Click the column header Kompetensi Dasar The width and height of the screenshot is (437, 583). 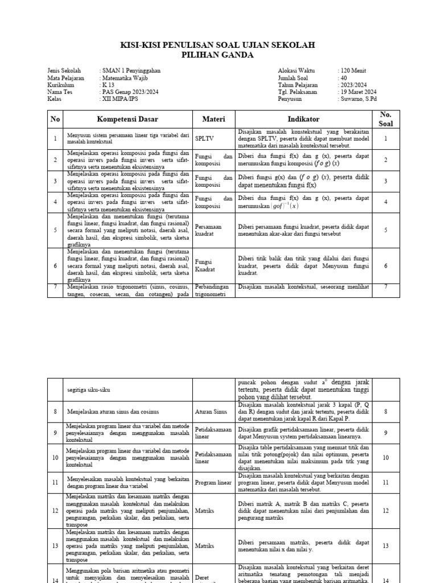[x=127, y=120]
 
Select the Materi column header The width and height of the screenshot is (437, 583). [x=214, y=120]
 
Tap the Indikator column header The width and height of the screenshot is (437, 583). [x=304, y=120]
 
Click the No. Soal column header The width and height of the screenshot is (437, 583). [x=385, y=120]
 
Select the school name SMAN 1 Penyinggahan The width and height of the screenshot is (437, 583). [x=131, y=71]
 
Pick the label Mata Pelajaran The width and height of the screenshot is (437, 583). [x=65, y=77]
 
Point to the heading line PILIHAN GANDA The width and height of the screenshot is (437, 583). [x=218, y=55]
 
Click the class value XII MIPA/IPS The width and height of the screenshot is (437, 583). [x=121, y=98]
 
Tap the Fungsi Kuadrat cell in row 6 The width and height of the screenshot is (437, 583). [x=207, y=265]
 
